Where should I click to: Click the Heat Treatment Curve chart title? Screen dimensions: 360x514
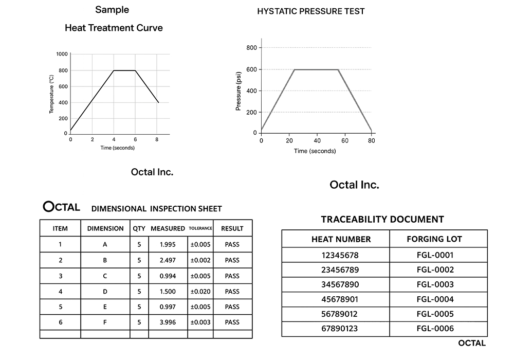114,28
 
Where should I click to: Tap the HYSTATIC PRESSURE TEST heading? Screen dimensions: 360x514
311,11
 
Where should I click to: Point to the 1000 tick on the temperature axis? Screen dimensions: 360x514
62,54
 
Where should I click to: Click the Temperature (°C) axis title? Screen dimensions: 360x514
51,94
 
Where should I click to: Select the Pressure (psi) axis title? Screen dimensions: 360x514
238,92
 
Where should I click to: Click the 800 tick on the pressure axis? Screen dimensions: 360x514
251,48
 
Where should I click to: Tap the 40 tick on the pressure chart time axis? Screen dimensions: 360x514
317,140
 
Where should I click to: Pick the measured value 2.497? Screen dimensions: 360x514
168,260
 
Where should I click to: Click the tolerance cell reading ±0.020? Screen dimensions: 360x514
200,291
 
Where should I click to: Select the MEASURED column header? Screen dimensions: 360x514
168,228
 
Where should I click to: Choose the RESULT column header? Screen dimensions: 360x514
232,228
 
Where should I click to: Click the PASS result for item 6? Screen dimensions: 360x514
232,322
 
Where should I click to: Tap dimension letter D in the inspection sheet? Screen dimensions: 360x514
105,291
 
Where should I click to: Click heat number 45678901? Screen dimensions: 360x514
341,299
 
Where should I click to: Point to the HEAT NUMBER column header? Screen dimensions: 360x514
341,239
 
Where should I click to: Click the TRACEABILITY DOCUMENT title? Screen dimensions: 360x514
382,219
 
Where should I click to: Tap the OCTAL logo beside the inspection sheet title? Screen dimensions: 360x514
61,207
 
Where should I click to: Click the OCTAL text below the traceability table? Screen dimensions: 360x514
471,343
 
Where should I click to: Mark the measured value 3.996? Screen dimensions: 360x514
168,322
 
